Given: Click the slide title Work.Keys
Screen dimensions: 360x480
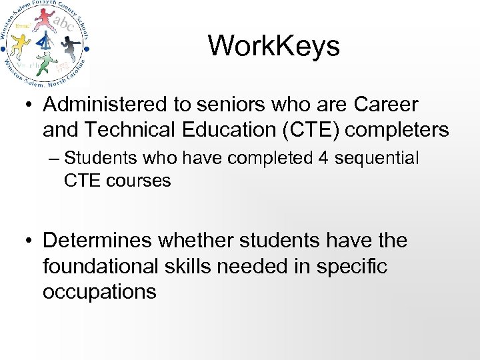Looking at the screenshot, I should [x=274, y=46].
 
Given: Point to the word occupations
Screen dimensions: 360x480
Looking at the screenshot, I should [x=100, y=291].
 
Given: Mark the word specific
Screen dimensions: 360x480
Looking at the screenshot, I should [x=353, y=266].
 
